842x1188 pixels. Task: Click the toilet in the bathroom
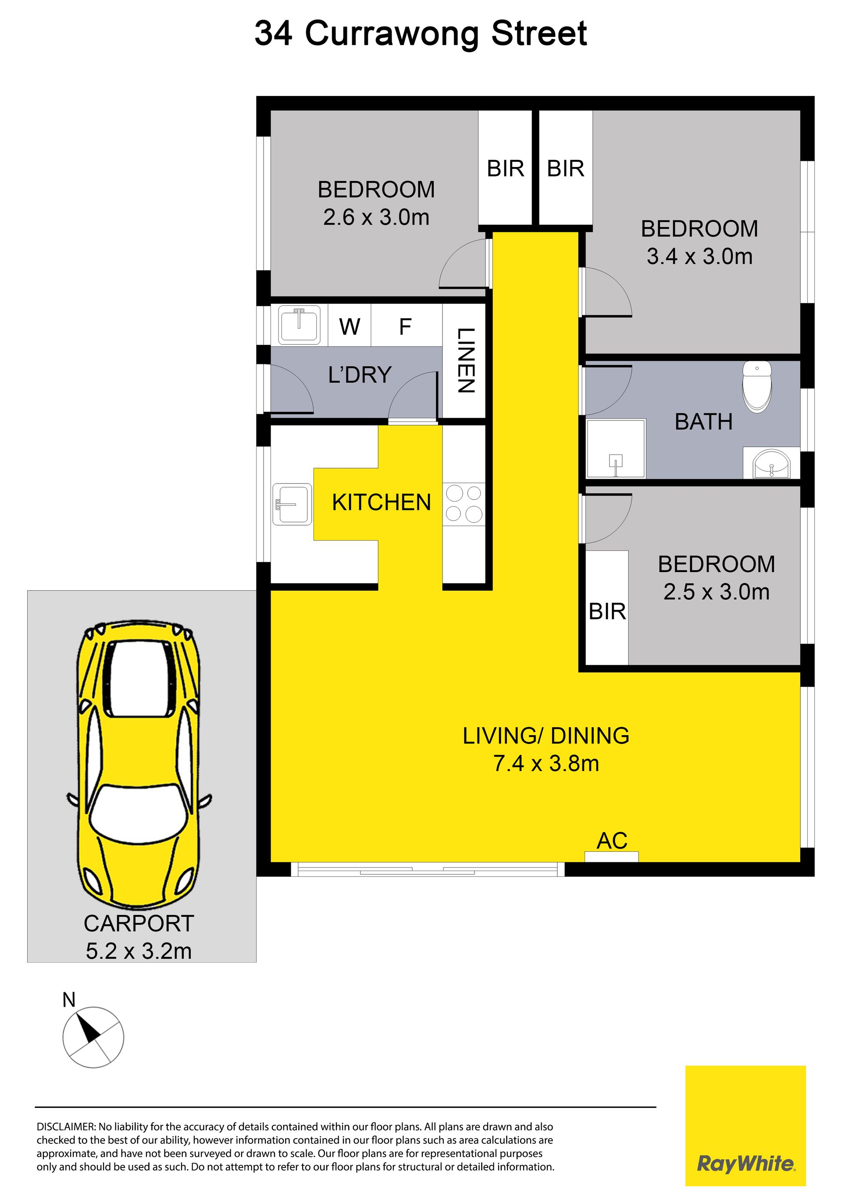click(757, 387)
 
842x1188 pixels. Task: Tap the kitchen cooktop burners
click(464, 503)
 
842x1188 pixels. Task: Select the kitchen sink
click(292, 504)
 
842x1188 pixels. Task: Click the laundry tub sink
click(299, 325)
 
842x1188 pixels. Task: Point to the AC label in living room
click(612, 841)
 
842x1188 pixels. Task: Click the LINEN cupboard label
click(465, 361)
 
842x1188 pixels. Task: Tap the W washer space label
click(350, 327)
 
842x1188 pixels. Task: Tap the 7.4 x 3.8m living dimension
click(546, 764)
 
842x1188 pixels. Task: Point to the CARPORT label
click(139, 924)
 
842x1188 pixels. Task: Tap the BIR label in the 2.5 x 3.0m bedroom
click(607, 612)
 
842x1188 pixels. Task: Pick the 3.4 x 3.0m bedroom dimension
click(699, 256)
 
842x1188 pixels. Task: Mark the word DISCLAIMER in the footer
click(66, 1127)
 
